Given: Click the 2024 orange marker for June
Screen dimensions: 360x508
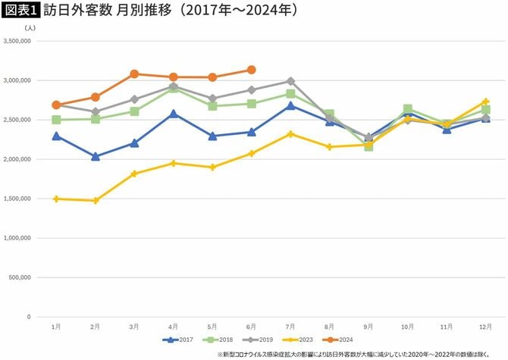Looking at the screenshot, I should point(251,70).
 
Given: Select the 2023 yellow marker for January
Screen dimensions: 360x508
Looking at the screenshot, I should point(56,199).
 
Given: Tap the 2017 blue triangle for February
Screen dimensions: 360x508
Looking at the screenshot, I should point(96,157).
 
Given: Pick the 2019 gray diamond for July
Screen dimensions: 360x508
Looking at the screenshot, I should point(290,81).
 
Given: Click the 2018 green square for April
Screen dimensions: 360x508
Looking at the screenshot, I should point(174,89).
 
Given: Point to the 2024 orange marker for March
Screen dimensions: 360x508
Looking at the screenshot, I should point(134,74).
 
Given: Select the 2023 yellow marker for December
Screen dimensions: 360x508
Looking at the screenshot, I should point(485,102).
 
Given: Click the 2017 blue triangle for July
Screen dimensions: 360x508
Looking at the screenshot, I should point(290,105).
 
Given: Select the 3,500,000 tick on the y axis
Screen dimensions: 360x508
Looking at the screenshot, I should point(17,41).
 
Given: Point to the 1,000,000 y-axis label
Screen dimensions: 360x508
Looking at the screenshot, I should point(17,238).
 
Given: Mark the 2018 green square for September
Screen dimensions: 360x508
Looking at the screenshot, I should point(368,146).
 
